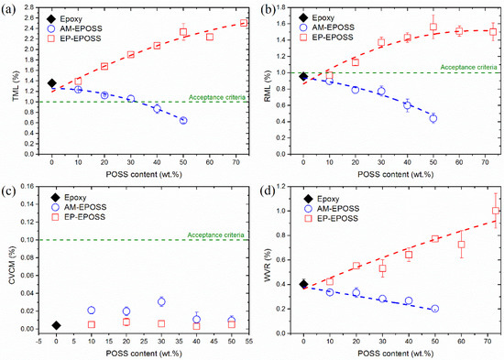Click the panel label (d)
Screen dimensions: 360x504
point(263,191)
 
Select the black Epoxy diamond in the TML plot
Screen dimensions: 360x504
point(52,82)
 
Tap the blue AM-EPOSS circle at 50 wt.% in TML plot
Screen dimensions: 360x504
point(183,121)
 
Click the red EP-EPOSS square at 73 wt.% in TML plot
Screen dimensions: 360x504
point(244,23)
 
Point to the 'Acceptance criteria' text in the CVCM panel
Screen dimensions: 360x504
point(217,235)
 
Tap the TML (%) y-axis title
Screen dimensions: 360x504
point(8,83)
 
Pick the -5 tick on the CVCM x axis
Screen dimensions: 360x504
point(39,338)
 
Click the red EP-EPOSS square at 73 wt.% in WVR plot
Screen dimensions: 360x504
point(496,211)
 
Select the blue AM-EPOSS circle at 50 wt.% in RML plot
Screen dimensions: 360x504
point(433,118)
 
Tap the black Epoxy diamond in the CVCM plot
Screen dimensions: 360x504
point(57,325)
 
